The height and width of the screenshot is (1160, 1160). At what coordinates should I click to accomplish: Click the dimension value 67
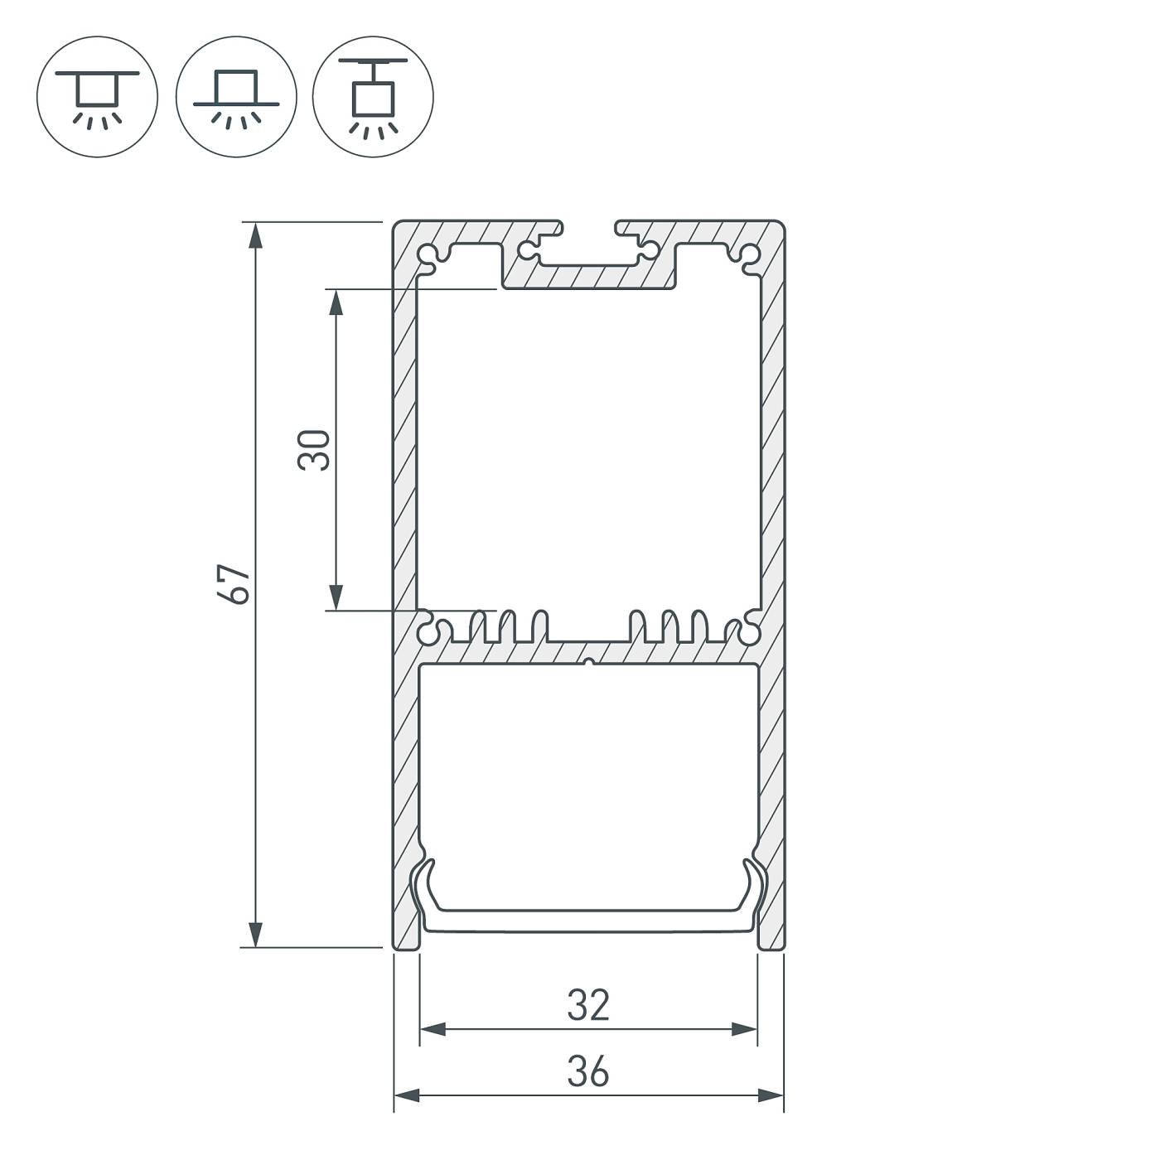[238, 584]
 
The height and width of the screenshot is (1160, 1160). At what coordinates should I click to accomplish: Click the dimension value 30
[316, 450]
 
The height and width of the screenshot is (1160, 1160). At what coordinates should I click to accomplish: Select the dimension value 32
[588, 1005]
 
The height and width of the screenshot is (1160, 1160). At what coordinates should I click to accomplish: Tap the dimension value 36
[588, 1071]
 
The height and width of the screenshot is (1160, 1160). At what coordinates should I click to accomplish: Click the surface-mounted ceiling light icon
[97, 96]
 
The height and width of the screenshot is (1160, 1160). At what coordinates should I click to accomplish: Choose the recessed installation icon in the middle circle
[236, 96]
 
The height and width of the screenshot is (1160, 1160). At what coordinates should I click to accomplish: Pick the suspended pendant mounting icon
[373, 96]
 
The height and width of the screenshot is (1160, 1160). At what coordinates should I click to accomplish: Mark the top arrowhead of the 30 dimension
[336, 302]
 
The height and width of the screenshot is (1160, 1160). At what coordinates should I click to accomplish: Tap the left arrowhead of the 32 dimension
[433, 1030]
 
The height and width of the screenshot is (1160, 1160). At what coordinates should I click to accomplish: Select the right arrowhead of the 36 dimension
[771, 1095]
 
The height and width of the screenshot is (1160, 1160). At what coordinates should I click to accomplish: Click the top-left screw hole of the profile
[428, 253]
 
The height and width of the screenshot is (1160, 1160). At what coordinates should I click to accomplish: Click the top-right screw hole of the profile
[750, 253]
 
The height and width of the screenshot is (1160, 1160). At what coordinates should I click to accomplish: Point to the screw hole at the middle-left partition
[428, 632]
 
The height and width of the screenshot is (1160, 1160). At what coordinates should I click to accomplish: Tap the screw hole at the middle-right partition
[750, 632]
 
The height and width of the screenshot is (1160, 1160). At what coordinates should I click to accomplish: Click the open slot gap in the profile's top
[589, 225]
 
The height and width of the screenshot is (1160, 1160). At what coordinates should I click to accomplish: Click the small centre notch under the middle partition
[588, 663]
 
